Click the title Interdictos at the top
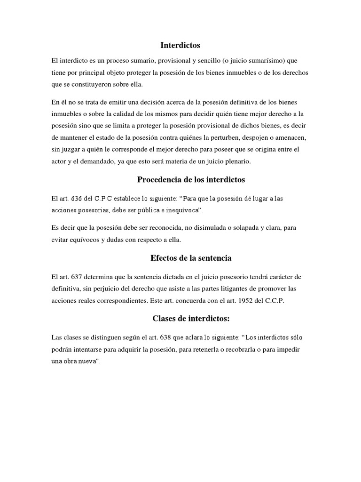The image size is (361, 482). (180, 46)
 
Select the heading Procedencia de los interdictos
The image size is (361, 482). (191, 180)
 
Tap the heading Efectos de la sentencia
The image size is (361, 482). (191, 258)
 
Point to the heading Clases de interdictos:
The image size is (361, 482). (191, 319)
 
